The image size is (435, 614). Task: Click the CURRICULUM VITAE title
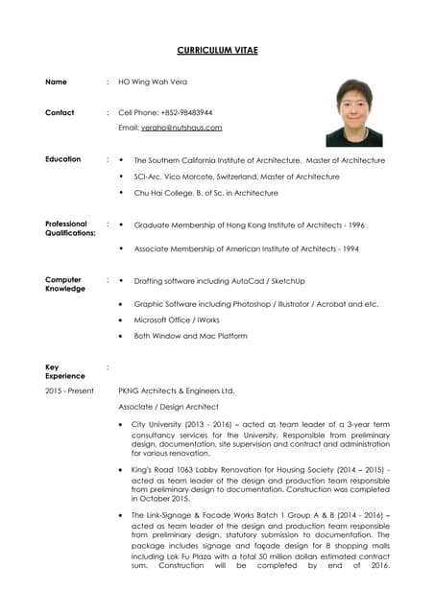[217, 50]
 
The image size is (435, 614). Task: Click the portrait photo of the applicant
[353, 112]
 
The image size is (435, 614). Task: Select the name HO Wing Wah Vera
[153, 83]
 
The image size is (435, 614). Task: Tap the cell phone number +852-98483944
[185, 112]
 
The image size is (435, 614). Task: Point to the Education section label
[62, 159]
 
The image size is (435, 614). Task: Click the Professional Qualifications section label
[69, 228]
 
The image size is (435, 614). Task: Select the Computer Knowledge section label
[64, 285]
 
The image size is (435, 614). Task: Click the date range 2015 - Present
[69, 391]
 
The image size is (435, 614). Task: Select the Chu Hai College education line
[205, 193]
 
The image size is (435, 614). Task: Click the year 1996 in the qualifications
[355, 224]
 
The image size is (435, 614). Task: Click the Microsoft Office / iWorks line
[177, 320]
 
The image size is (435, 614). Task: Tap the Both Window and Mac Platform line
[190, 337]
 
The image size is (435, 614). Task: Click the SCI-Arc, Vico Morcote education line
[236, 177]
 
